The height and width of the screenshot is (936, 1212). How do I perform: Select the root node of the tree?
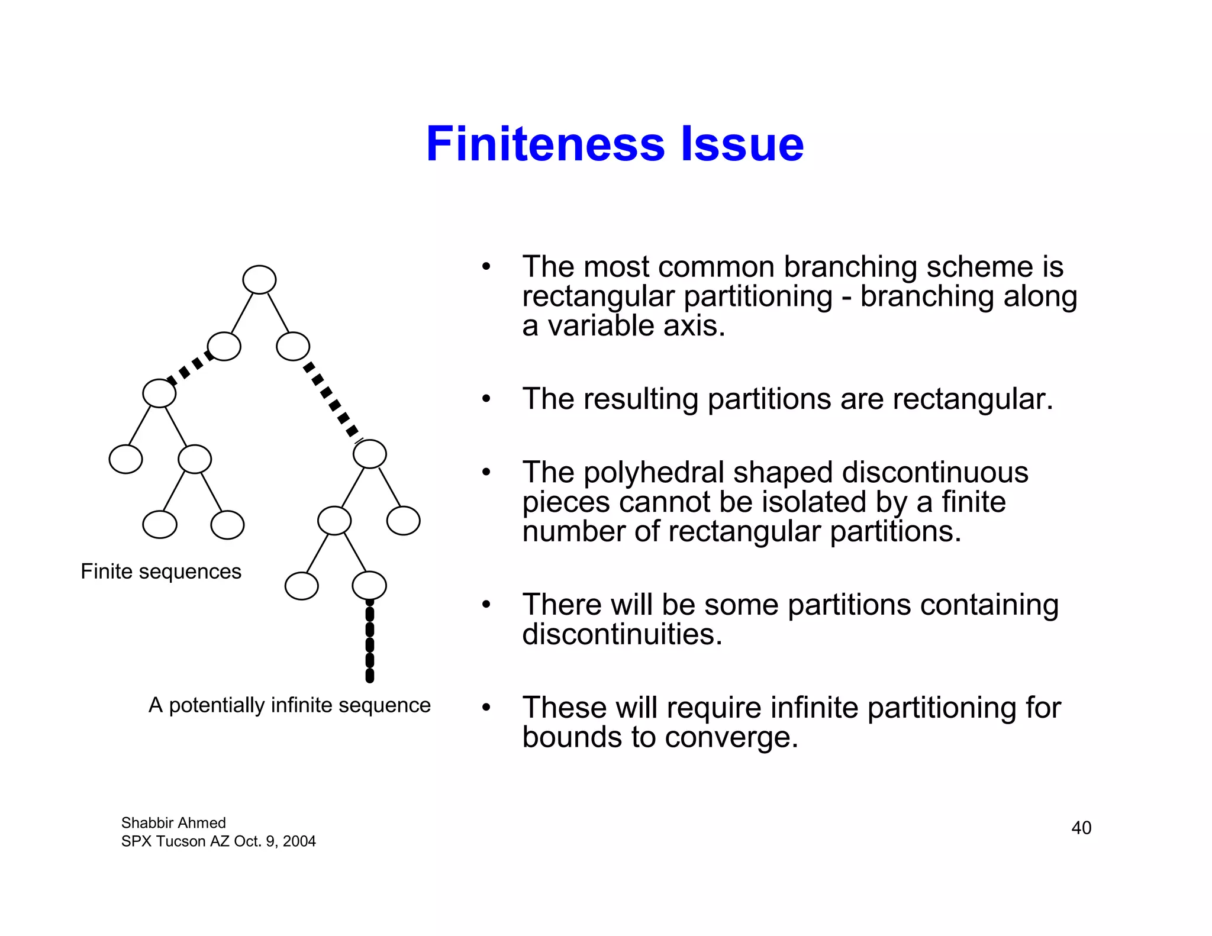point(259,280)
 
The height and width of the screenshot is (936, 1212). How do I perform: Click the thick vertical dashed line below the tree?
point(370,642)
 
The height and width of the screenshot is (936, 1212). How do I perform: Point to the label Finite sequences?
point(161,572)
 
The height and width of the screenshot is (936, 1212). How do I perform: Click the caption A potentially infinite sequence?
point(289,705)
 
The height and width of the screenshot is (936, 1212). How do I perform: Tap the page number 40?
point(1081,828)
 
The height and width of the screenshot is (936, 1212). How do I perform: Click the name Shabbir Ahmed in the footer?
point(173,823)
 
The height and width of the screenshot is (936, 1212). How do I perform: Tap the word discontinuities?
point(622,635)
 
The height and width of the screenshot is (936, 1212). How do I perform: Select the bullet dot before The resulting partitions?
point(486,399)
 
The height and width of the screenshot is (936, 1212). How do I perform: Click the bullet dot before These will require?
point(486,708)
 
